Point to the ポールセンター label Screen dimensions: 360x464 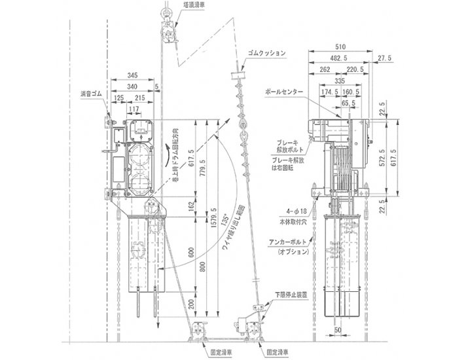[x=284, y=94]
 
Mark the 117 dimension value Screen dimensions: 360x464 [x=134, y=109]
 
